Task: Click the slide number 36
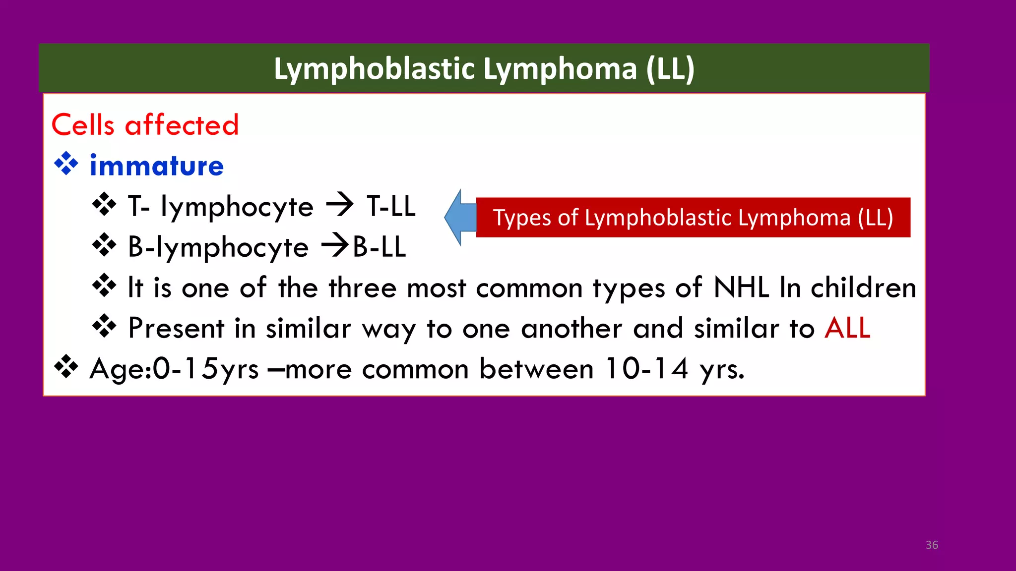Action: pyautogui.click(x=932, y=545)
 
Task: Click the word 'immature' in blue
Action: pyautogui.click(x=157, y=166)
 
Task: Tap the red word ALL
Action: pyautogui.click(x=847, y=328)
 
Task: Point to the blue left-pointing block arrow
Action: pyautogui.click(x=460, y=218)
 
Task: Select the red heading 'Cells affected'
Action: pyautogui.click(x=145, y=124)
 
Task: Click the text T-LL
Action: pyautogui.click(x=391, y=206)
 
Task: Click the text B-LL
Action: pyautogui.click(x=379, y=247)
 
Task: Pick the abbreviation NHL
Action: pyautogui.click(x=741, y=287)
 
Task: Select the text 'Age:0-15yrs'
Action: pyautogui.click(x=174, y=370)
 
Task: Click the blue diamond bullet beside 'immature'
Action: pyautogui.click(x=66, y=165)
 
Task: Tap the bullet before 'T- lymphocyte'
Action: pyautogui.click(x=104, y=205)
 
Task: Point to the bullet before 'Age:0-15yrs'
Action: pyautogui.click(x=66, y=368)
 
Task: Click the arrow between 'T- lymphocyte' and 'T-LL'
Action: pyautogui.click(x=340, y=206)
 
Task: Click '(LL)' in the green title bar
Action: pyautogui.click(x=670, y=68)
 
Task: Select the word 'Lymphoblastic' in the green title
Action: pyautogui.click(x=375, y=68)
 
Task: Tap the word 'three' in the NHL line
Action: pyautogui.click(x=362, y=287)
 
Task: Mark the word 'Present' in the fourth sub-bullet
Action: pyautogui.click(x=176, y=328)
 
